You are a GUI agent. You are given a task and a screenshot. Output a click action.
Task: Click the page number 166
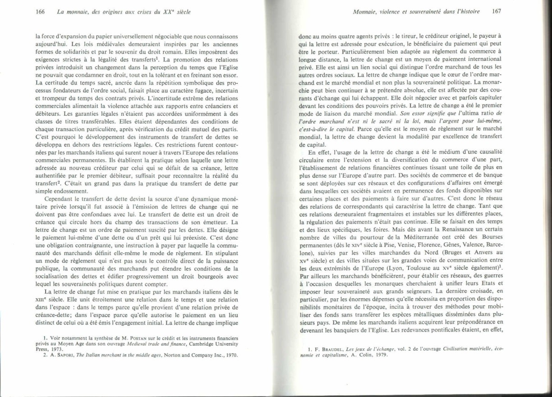[x=40, y=12]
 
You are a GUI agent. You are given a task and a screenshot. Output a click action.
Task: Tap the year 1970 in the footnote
[x=231, y=355]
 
